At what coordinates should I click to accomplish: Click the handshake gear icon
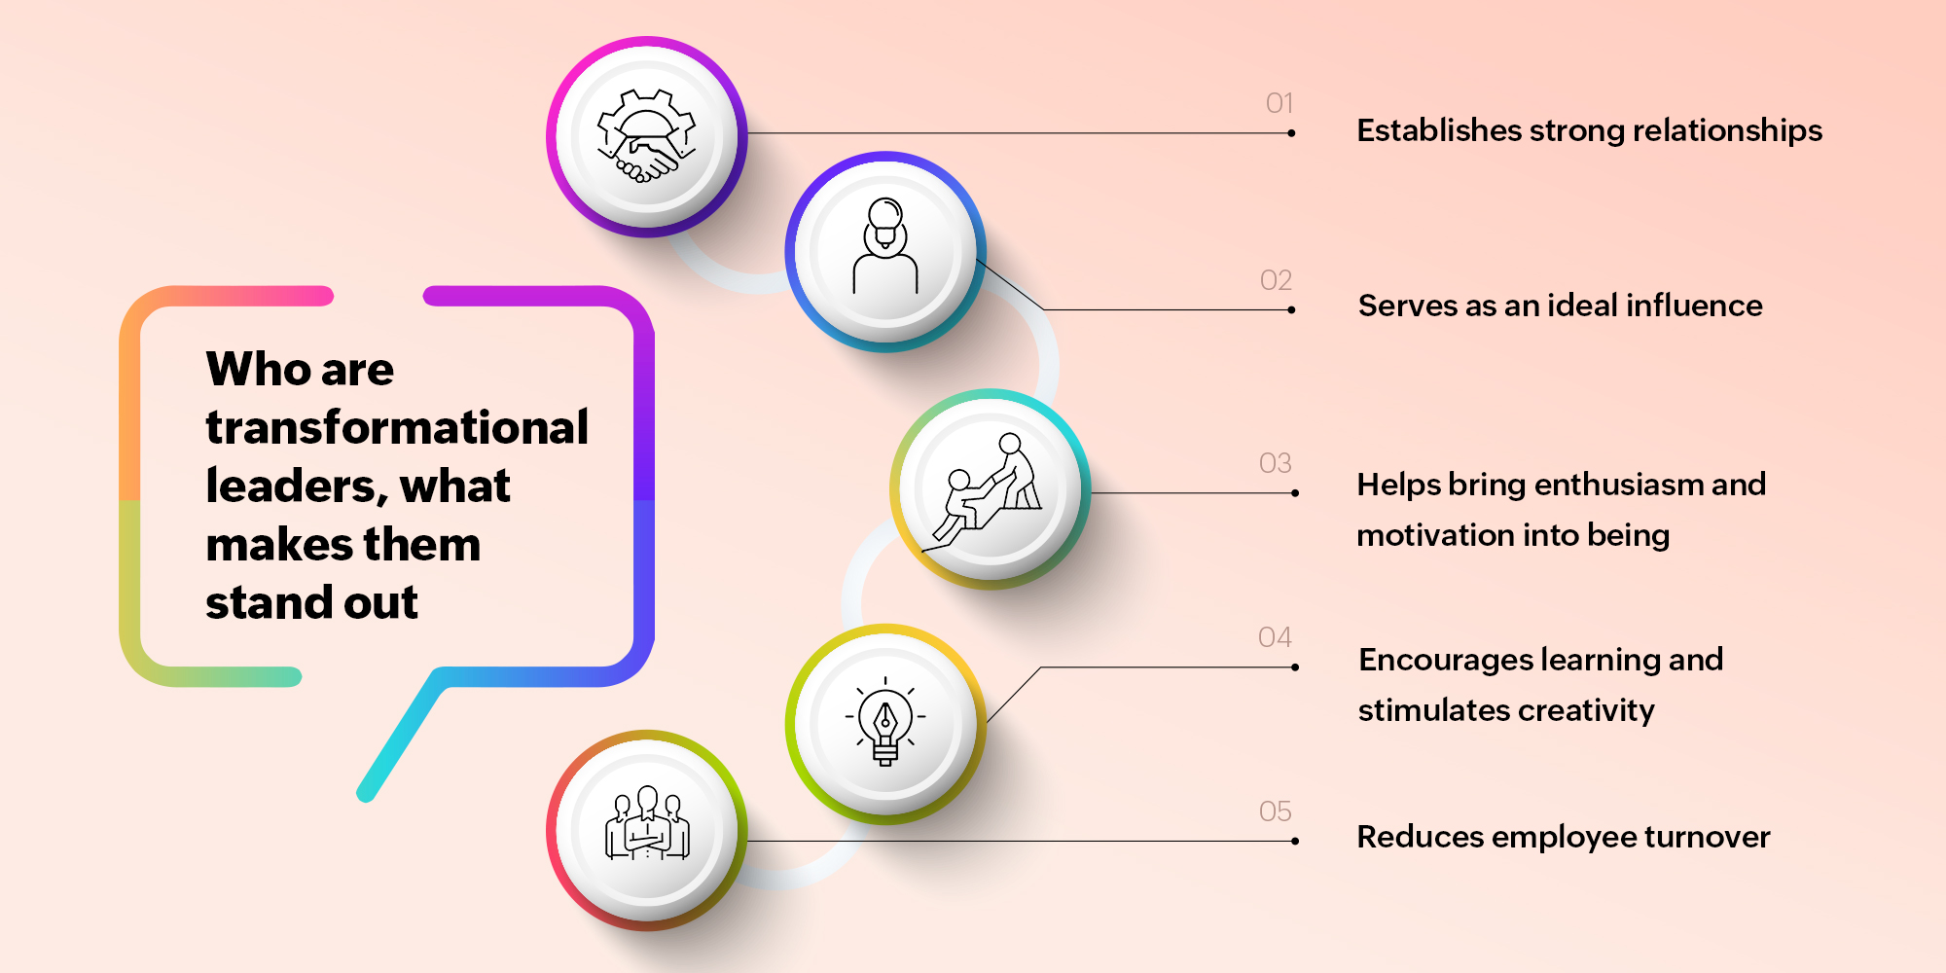(647, 137)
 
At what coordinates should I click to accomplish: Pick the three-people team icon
(647, 827)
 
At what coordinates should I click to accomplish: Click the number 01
(1279, 103)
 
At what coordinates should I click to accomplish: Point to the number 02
(1276, 280)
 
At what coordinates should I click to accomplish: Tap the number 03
(1275, 463)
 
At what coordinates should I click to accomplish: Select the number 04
(1275, 637)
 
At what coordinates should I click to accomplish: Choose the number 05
(1275, 811)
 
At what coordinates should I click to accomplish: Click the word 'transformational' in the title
(397, 427)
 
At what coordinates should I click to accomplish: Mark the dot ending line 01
(1291, 133)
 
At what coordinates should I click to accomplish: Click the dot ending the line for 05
(1295, 842)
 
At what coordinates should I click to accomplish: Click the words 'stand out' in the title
(311, 602)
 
